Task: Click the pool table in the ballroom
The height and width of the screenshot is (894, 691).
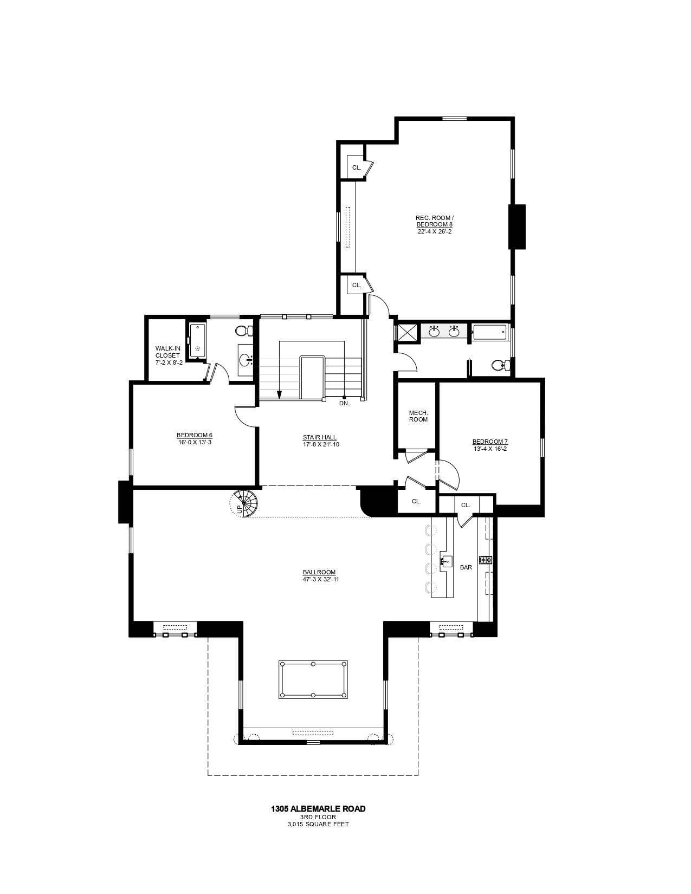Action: coord(313,679)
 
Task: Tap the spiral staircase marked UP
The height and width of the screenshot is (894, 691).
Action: coord(244,503)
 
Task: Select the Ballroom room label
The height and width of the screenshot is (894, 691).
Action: coord(319,572)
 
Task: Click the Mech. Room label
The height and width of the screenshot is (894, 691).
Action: coord(418,416)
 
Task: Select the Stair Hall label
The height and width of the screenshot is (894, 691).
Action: coord(320,437)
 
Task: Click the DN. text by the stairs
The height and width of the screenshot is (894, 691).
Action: coord(344,403)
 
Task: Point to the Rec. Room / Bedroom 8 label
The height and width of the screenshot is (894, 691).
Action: coord(434,221)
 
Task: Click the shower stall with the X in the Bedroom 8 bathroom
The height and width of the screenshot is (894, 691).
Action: coord(407,332)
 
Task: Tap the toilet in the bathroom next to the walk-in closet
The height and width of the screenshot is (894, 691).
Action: coord(244,330)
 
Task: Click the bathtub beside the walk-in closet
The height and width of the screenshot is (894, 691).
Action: coord(197,341)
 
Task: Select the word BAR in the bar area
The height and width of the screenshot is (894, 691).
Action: coord(466,567)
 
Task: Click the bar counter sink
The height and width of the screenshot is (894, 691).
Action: coord(446,561)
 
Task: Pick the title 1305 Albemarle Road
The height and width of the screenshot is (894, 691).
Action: coord(318,809)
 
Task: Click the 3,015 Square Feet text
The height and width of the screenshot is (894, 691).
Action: coord(318,825)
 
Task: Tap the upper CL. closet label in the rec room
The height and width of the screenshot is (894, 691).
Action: coord(356,167)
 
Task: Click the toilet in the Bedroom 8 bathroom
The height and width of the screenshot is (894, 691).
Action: coord(499,366)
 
